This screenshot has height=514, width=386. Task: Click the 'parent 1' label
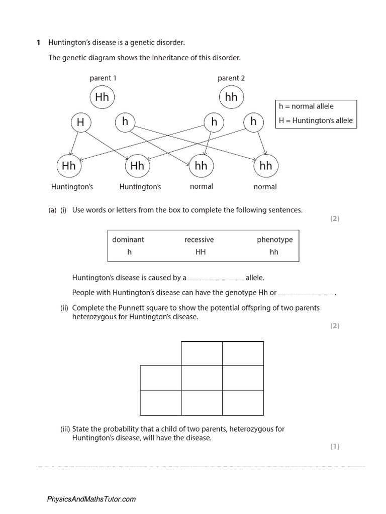tap(103, 78)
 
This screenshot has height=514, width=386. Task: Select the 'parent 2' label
tap(231, 78)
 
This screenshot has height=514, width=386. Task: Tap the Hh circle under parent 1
tap(102, 97)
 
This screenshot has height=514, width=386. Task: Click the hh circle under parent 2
tap(231, 97)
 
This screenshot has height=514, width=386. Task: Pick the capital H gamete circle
tap(80, 121)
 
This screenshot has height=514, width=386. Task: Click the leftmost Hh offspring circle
tap(68, 166)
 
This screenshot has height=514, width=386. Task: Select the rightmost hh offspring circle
tap(266, 166)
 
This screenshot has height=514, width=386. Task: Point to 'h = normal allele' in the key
tap(306, 106)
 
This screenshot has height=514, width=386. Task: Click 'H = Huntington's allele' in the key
tap(316, 120)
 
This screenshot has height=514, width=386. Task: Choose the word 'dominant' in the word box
tap(128, 239)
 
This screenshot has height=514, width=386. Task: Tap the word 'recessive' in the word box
tap(199, 239)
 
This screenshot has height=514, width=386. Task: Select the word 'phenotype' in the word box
tap(274, 239)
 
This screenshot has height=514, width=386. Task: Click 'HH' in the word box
tap(201, 252)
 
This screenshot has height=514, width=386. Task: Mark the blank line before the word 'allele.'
tap(216, 279)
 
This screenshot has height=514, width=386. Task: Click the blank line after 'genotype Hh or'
tap(306, 294)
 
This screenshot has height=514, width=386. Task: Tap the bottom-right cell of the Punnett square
tap(243, 402)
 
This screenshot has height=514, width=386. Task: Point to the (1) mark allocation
tap(335, 446)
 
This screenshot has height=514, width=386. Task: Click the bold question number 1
tap(38, 43)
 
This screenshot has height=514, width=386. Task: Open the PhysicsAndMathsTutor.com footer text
tap(91, 499)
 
